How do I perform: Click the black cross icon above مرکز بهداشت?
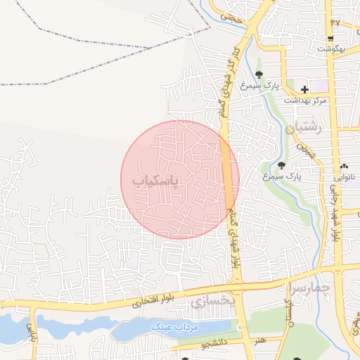(x=304, y=89)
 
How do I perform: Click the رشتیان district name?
(x=304, y=129)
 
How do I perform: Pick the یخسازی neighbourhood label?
(x=211, y=301)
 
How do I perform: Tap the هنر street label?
(x=261, y=340)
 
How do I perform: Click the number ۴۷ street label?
(x=335, y=22)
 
